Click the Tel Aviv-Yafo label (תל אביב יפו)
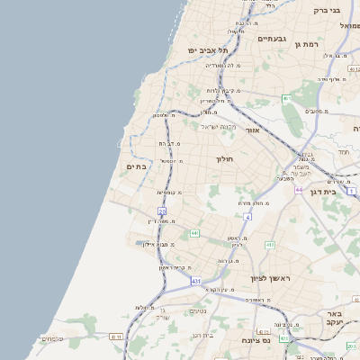pyautogui.click(x=203, y=50)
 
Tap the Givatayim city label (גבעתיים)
pyautogui.click(x=271, y=39)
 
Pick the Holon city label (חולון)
pyautogui.click(x=224, y=158)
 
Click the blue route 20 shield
pyautogui.click(x=162, y=211)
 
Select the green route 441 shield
pyautogui.click(x=193, y=233)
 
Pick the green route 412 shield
pyautogui.click(x=269, y=245)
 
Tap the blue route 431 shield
pyautogui.click(x=195, y=282)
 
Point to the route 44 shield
pyautogui.click(x=299, y=190)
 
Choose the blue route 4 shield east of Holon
pyautogui.click(x=247, y=217)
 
